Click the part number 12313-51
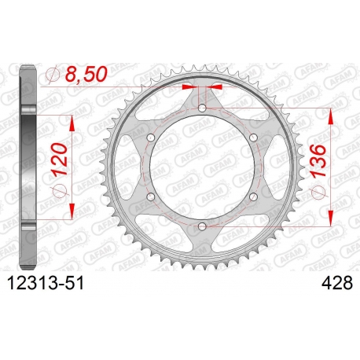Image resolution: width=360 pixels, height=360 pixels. click(x=46, y=284)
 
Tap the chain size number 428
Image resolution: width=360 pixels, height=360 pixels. click(x=337, y=284)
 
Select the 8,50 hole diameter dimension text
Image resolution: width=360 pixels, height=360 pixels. click(x=86, y=74)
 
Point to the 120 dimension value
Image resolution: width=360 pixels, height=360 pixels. click(x=60, y=159)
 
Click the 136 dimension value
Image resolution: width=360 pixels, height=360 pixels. click(x=318, y=160)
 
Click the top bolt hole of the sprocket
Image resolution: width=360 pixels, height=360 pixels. click(x=202, y=108)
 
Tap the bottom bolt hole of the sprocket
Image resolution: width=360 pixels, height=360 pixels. click(x=202, y=226)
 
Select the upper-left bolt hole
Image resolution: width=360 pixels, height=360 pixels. click(x=151, y=138)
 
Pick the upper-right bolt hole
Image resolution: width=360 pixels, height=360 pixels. click(x=253, y=138)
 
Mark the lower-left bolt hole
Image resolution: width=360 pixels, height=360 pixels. click(x=151, y=197)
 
